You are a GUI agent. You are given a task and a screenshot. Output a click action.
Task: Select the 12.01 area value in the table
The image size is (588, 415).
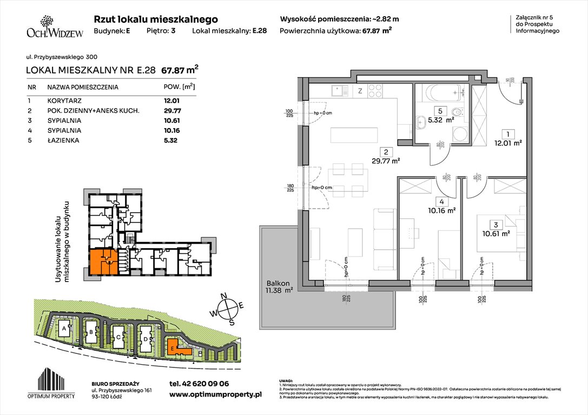point(171,100)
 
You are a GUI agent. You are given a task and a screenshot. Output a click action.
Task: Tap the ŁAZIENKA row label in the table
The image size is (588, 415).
point(62,140)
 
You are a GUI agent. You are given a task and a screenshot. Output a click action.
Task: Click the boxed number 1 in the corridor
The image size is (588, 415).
point(507,133)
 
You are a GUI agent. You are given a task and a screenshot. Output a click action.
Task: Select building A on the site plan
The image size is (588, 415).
point(65,328)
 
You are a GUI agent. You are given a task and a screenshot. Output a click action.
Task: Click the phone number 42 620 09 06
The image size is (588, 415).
point(199,383)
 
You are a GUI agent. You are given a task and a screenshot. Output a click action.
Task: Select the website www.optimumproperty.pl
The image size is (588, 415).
point(215,394)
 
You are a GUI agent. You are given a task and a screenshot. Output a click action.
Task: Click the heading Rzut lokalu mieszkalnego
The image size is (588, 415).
point(156,19)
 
